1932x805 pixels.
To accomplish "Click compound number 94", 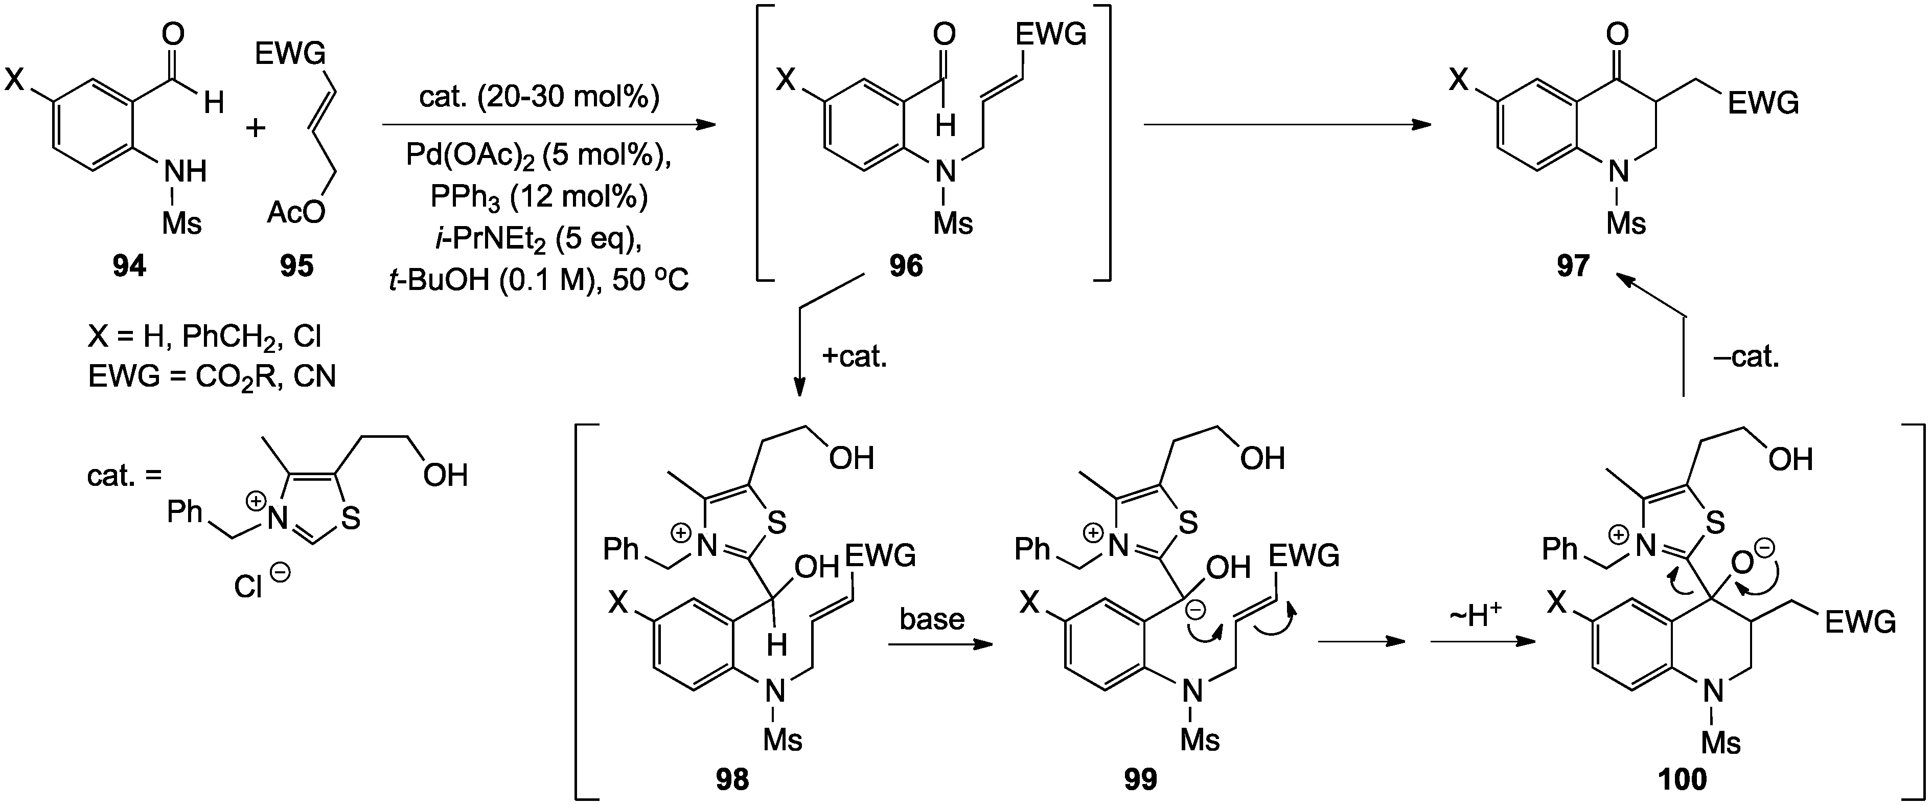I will click(x=129, y=265).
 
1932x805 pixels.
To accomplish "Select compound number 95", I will click(x=296, y=265).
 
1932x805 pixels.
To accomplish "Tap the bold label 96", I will click(x=906, y=265).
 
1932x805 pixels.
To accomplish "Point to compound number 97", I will click(x=1573, y=265).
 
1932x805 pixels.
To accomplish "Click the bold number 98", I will click(x=731, y=779).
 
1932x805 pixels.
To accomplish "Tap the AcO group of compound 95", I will click(x=297, y=213).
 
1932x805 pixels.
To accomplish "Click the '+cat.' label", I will click(x=854, y=356).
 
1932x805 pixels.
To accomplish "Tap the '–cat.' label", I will click(x=1746, y=356).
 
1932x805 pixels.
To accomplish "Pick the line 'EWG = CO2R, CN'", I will click(x=212, y=376).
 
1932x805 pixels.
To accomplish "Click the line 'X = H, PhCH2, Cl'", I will click(x=205, y=337).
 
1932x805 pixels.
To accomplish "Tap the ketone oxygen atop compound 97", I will click(x=1619, y=34).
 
